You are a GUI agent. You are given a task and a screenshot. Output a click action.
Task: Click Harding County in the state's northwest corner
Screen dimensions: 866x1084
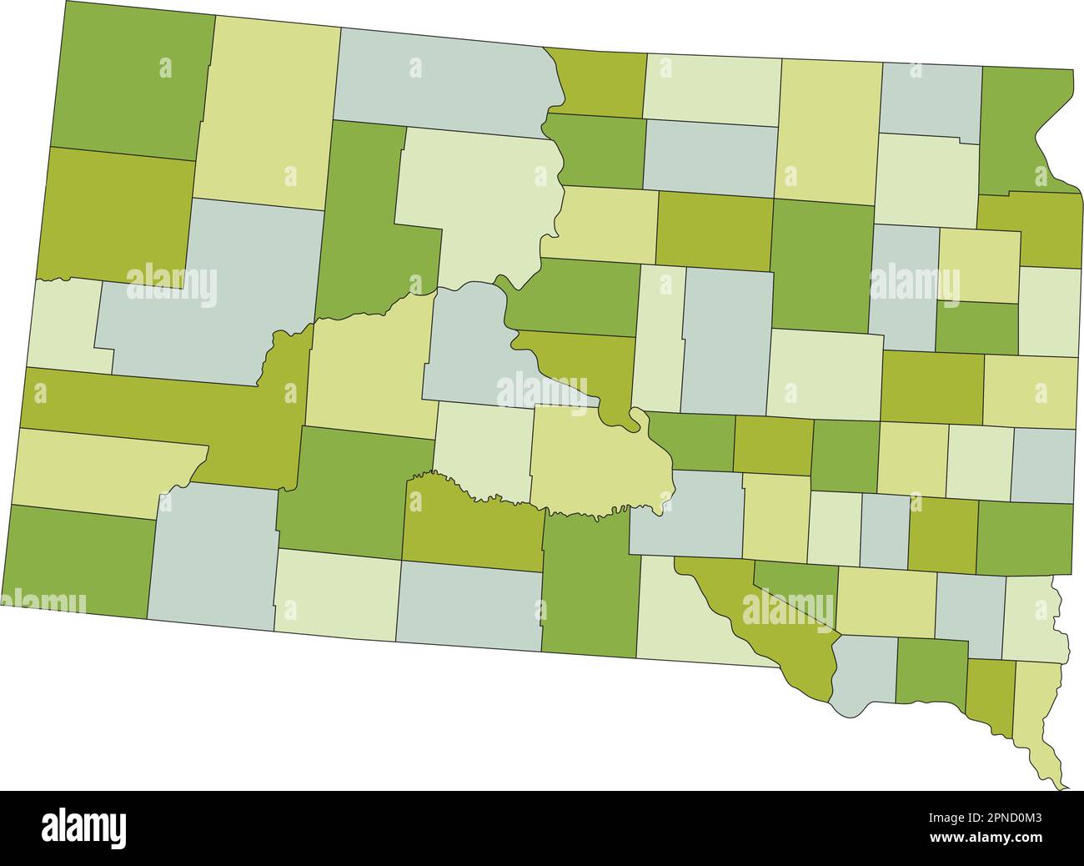click(x=133, y=83)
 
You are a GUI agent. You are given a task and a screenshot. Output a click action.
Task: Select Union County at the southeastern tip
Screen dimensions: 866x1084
click(x=1039, y=717)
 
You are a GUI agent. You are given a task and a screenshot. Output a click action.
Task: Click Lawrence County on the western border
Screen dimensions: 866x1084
click(x=67, y=325)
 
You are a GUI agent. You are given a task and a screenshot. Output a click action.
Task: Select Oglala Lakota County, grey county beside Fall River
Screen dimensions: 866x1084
click(x=213, y=559)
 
